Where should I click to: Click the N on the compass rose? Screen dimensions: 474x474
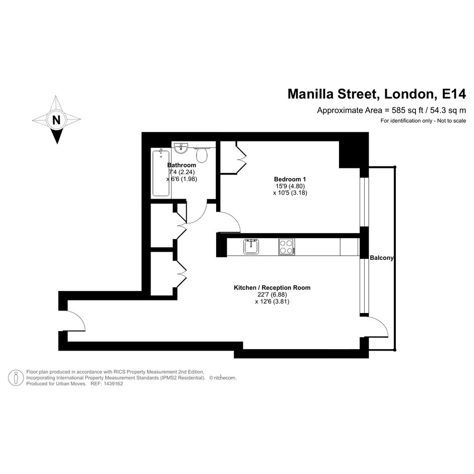(x=56, y=120)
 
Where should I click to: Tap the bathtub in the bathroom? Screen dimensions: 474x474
(x=161, y=173)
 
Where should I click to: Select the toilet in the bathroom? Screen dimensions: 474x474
(x=202, y=154)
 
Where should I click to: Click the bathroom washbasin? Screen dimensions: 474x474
(x=182, y=148)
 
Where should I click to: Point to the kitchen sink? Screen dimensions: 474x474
(x=251, y=246)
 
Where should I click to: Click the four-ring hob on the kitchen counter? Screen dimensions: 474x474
(x=286, y=247)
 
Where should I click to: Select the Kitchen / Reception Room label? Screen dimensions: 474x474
(x=272, y=287)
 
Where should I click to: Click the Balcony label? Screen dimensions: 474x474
(x=382, y=258)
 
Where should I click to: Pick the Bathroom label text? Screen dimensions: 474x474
(x=182, y=165)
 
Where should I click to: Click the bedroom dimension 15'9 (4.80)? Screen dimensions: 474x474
(x=290, y=186)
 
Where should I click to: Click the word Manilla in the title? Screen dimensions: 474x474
(x=311, y=94)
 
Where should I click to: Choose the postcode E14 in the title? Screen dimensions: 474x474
(x=454, y=94)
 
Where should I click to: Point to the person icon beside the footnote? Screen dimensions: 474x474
(x=16, y=378)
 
